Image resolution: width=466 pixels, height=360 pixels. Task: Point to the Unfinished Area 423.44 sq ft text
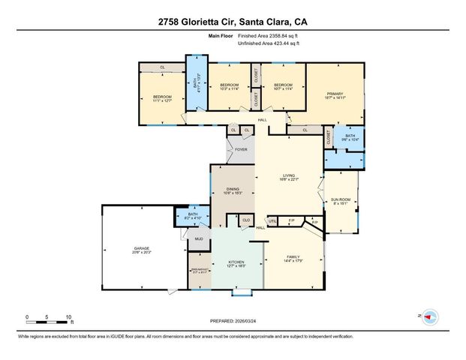(x=268, y=43)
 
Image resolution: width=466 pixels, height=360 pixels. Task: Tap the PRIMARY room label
(x=334, y=93)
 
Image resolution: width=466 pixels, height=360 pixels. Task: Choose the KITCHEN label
(x=236, y=262)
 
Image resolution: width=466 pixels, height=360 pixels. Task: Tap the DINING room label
(x=232, y=189)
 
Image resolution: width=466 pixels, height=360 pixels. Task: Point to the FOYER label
(x=241, y=150)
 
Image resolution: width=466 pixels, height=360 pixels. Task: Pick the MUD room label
(x=200, y=239)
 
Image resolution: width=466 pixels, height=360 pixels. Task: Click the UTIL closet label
(x=273, y=220)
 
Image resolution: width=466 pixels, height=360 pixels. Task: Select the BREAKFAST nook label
(x=199, y=268)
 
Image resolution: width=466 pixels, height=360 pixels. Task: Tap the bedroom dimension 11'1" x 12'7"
(x=163, y=101)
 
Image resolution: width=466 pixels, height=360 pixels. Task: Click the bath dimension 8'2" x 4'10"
(x=193, y=218)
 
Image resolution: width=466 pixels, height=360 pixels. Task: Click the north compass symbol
(x=430, y=317)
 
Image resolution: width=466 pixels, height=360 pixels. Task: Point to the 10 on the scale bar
(x=68, y=317)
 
